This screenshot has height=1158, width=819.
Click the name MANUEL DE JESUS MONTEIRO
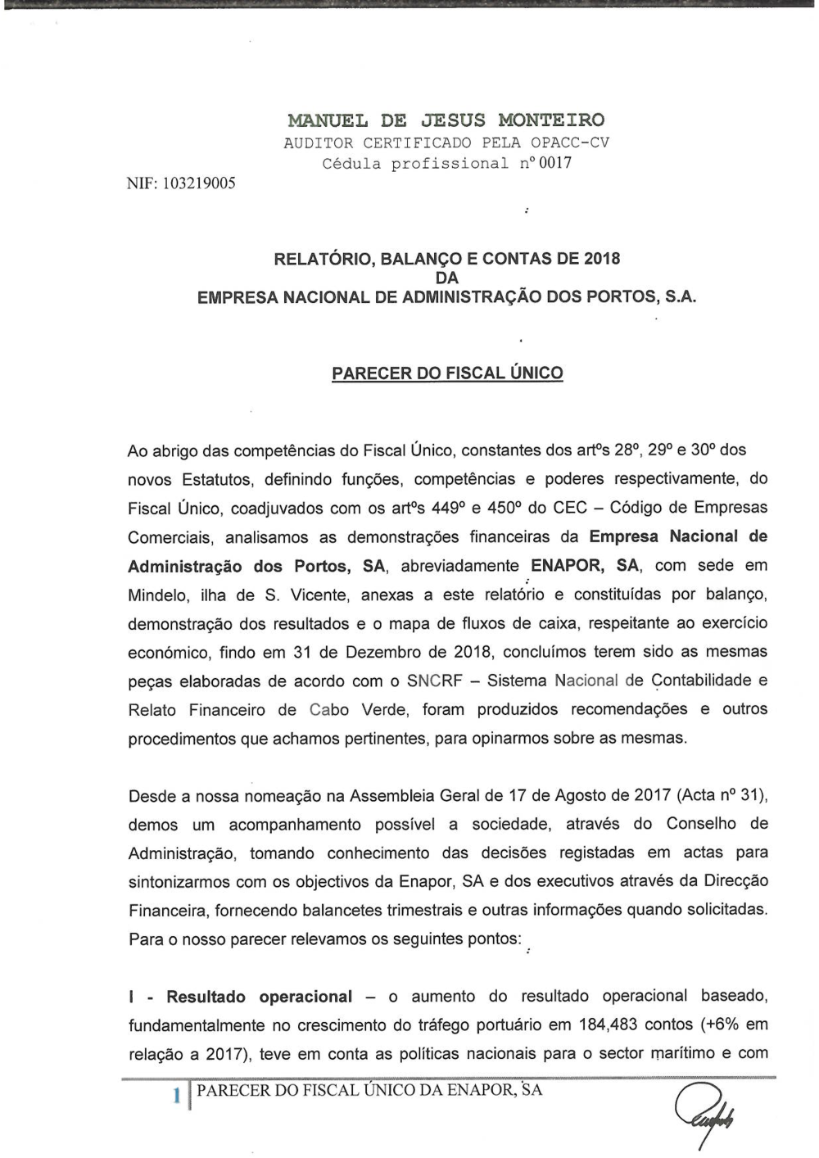pos(446,120)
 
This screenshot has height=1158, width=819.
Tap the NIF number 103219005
pos(199,183)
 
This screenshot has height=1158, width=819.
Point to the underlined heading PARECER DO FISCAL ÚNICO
pos(447,373)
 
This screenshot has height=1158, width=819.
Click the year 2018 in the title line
pos(602,259)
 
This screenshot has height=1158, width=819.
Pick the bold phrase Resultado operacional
pos(259,997)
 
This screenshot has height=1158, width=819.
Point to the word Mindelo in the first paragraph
pos(158,595)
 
